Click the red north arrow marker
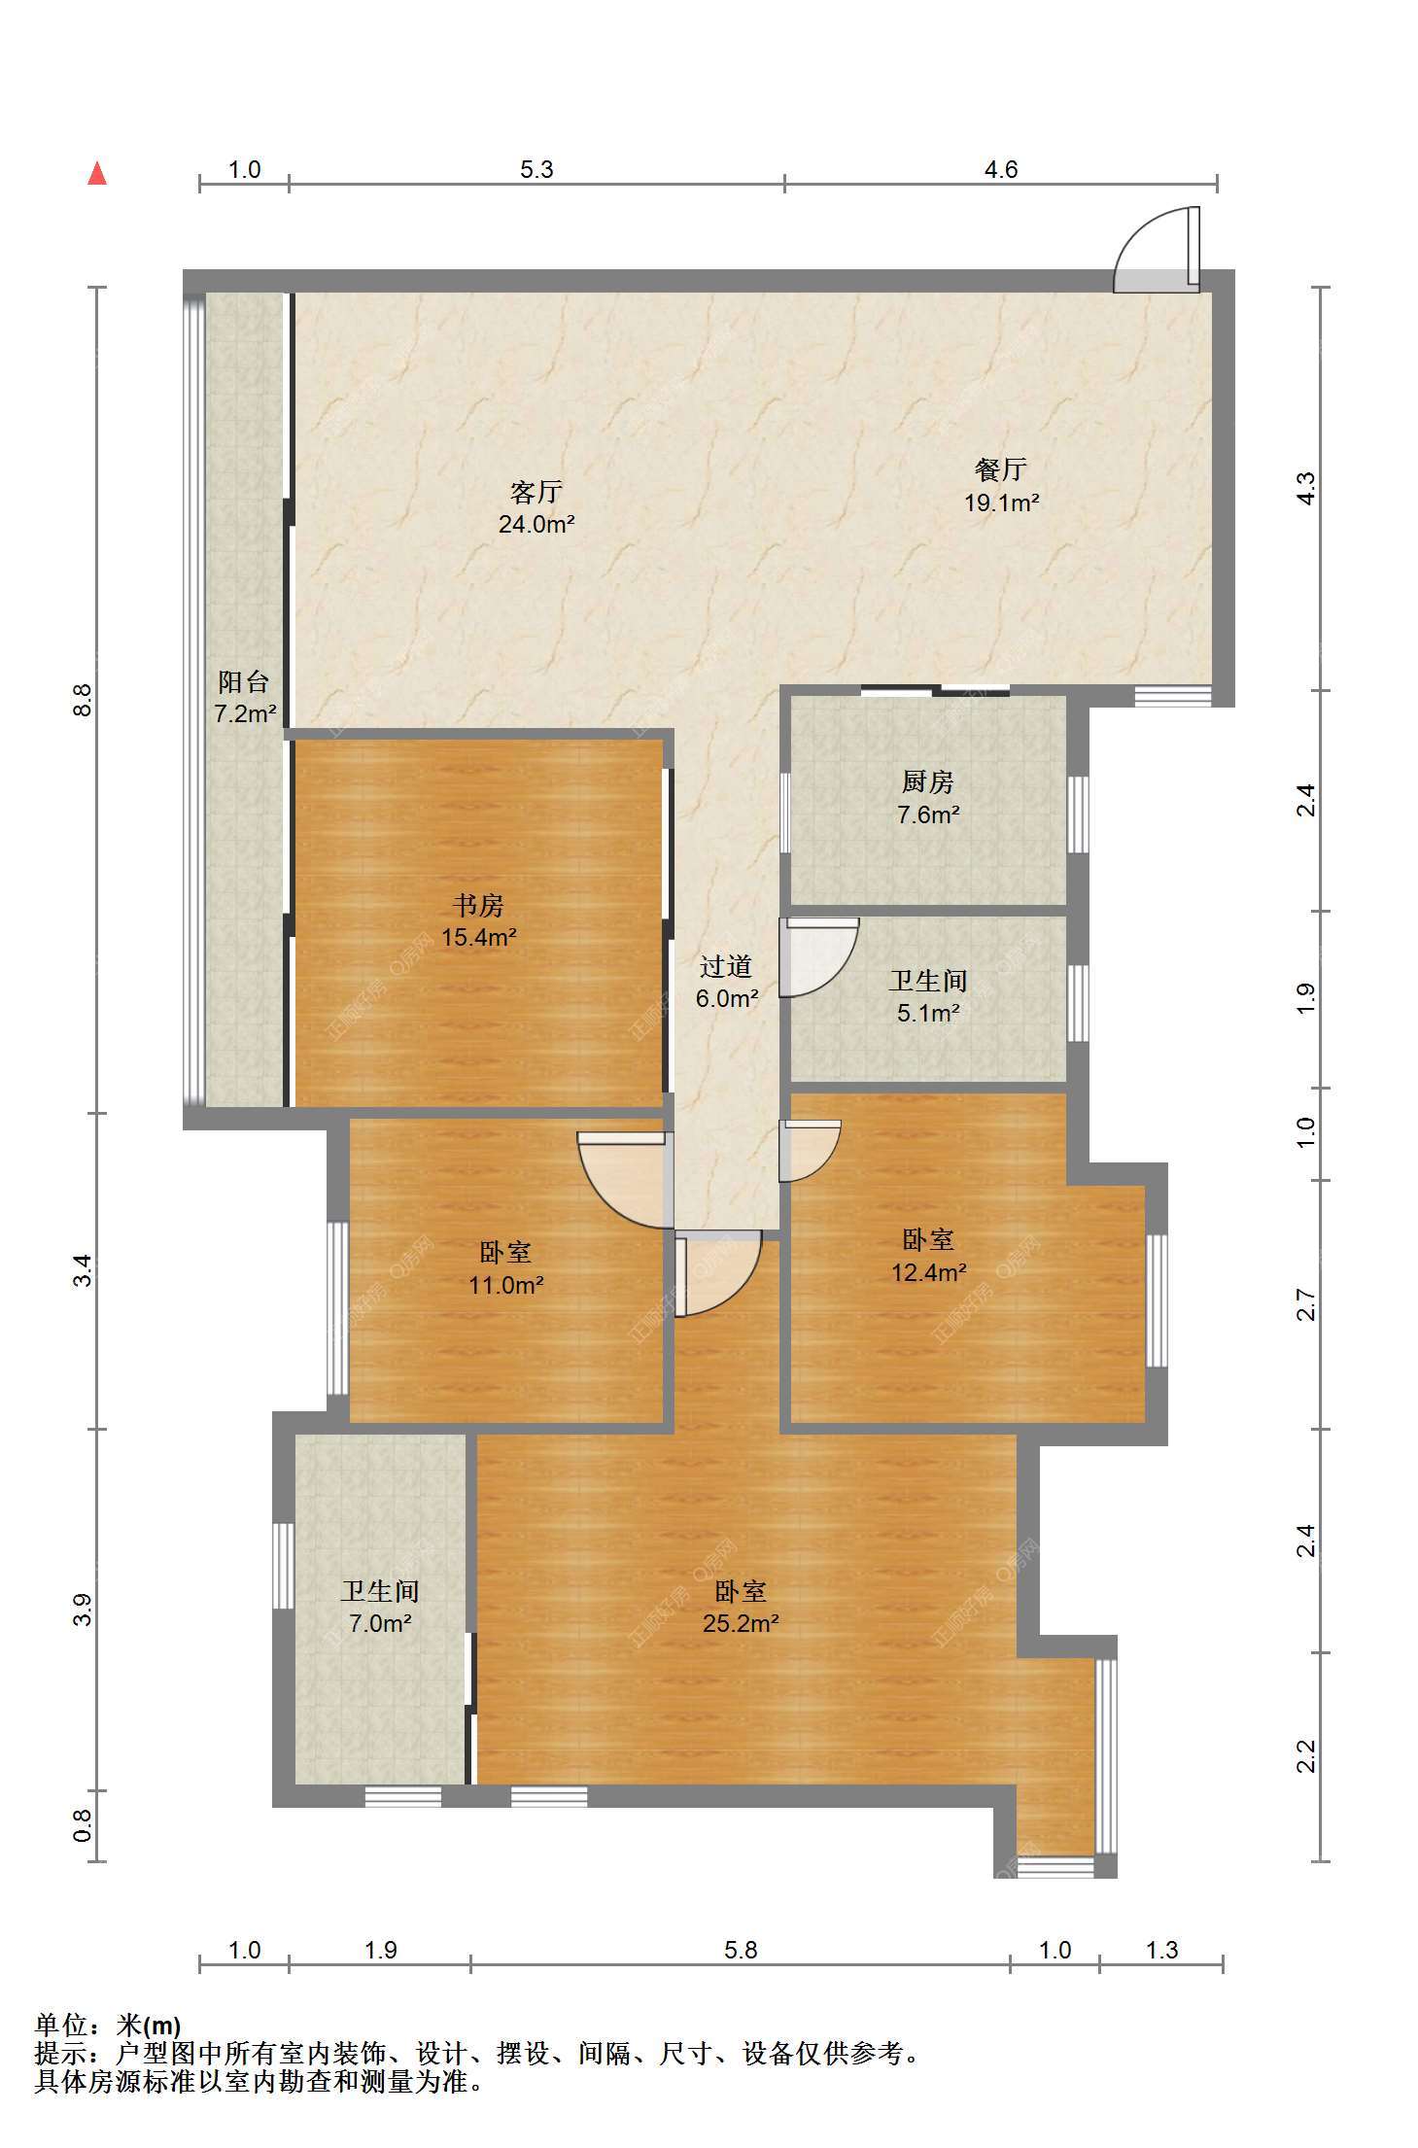tap(97, 173)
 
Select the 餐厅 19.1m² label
tap(1001, 485)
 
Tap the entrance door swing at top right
tap(1157, 249)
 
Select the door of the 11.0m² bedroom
tap(625, 1180)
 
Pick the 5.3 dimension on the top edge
tap(536, 169)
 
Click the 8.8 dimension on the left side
tap(84, 700)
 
